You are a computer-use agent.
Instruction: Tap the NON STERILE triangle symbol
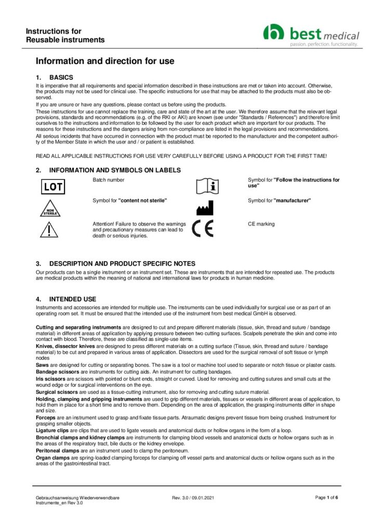52,209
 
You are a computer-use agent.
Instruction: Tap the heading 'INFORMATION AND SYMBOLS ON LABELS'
115,170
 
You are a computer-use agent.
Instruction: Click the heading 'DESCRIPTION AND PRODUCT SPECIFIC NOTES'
122,263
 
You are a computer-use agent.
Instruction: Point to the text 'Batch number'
108,180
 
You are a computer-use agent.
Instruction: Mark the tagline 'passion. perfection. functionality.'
324,45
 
